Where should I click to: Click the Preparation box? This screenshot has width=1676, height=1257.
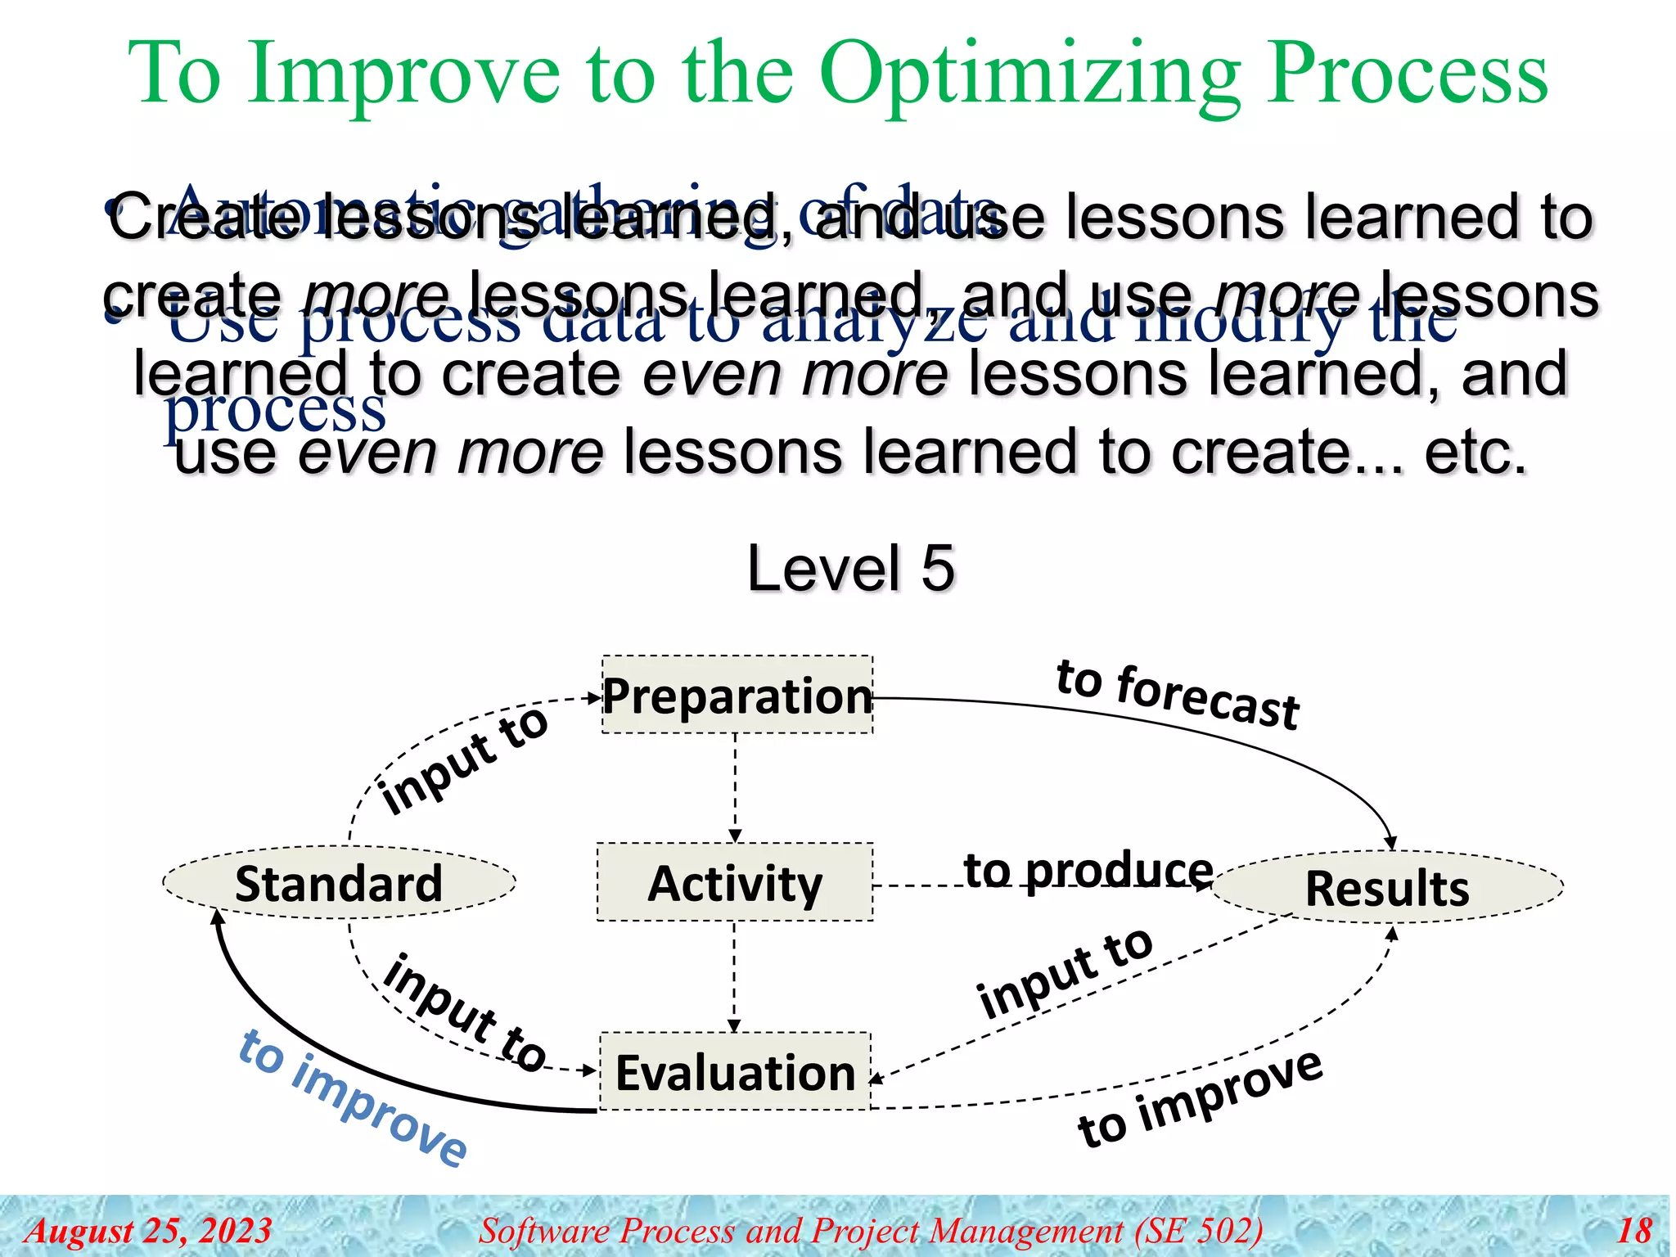click(737, 695)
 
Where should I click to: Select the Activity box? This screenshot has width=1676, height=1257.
click(735, 883)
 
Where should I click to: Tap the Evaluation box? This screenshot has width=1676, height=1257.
click(735, 1072)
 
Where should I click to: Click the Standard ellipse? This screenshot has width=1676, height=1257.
click(339, 883)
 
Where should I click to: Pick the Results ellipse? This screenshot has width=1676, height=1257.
click(1387, 888)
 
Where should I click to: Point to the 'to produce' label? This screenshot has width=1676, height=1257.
click(1088, 869)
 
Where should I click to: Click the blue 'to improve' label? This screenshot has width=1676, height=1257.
click(353, 1097)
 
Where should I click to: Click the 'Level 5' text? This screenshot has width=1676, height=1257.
click(850, 568)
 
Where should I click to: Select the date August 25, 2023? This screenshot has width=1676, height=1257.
click(148, 1230)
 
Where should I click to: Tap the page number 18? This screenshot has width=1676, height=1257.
click(1634, 1230)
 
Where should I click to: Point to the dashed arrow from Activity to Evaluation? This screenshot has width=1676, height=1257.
click(734, 975)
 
